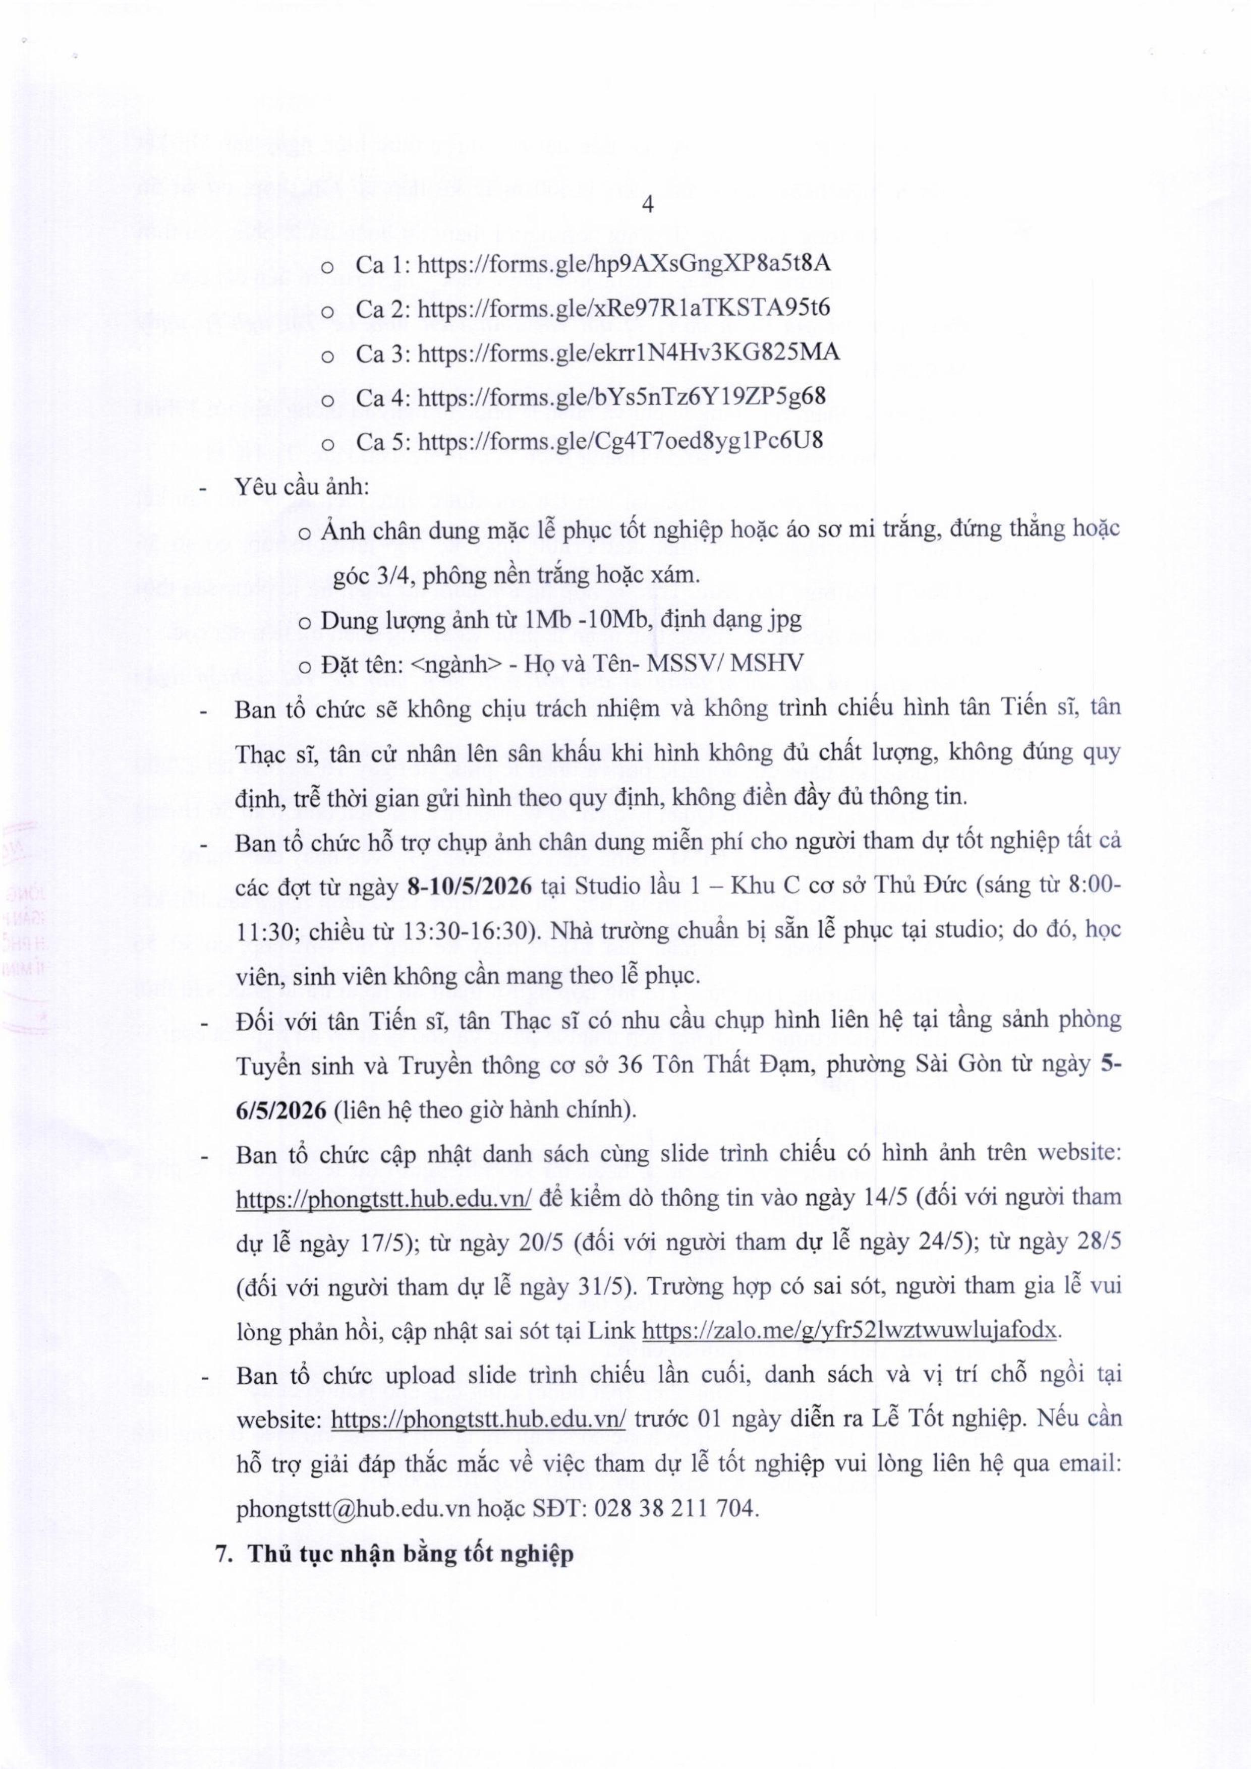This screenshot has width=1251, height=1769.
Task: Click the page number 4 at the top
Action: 648,205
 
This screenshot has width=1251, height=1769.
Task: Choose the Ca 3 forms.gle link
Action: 628,353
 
